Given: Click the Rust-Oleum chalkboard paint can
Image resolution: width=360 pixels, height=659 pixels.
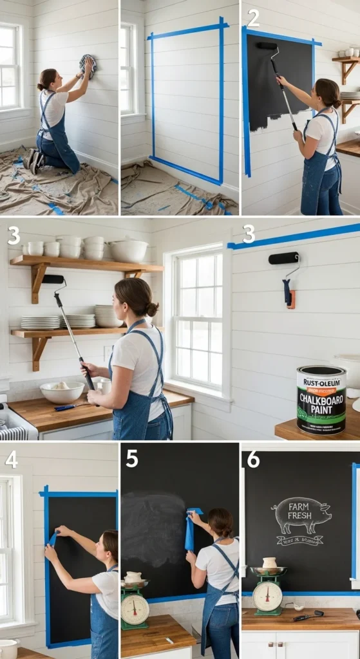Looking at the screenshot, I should (x=321, y=400).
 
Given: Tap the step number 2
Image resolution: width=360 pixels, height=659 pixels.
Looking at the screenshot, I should (x=254, y=17).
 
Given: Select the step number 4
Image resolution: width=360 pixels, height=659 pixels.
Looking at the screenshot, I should (x=12, y=459).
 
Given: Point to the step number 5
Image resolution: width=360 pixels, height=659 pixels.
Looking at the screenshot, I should (x=132, y=458).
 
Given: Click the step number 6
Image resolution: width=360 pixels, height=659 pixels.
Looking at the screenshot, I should (x=253, y=459).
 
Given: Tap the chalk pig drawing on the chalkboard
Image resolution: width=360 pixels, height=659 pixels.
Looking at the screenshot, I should (x=301, y=515).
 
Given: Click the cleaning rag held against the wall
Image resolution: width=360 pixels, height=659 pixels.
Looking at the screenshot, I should (x=88, y=64).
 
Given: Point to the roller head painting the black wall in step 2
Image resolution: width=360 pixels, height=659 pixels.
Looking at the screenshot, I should (x=267, y=46).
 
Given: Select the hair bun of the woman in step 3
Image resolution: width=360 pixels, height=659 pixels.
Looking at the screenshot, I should (x=152, y=309).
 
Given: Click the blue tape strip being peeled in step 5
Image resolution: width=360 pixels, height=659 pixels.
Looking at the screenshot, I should (x=191, y=530).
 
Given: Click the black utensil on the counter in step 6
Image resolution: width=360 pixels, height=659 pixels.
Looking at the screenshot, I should (x=308, y=616).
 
